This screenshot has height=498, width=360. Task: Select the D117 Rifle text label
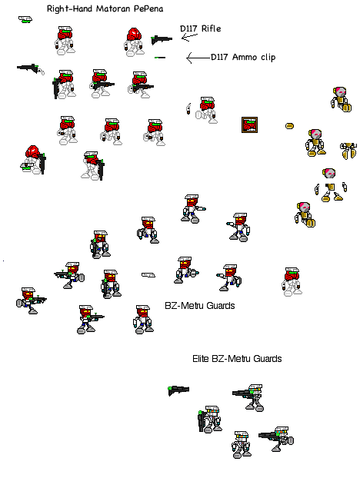pos(200,29)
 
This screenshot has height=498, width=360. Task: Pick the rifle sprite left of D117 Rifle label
pos(161,38)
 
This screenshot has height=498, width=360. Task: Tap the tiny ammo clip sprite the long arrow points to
pos(159,58)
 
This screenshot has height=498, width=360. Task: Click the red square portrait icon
pos(249,124)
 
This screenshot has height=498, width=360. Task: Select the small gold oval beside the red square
pos(290,124)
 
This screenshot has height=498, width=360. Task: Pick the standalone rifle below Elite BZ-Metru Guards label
pos(178,390)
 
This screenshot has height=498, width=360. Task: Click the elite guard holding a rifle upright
pos(208,422)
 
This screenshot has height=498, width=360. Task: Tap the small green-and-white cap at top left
pos(25,19)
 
